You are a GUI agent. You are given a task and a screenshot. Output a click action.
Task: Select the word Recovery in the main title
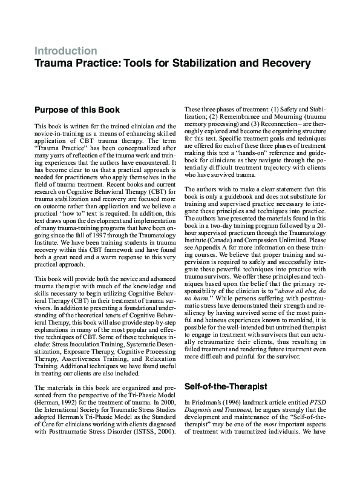point(286,62)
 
